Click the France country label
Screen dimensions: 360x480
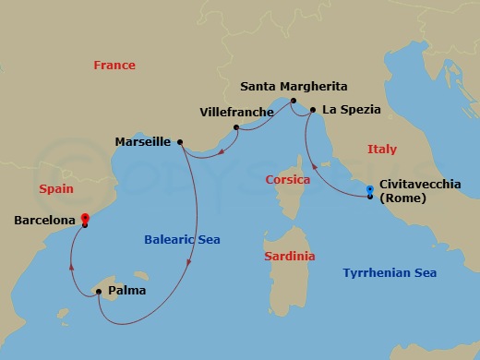114,66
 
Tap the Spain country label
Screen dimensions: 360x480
56,188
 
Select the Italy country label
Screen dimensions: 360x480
381,149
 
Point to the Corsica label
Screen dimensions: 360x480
286,180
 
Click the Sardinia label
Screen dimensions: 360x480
289,256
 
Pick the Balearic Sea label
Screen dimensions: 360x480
182,240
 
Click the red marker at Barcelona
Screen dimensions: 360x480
85,220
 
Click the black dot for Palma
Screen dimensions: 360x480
98,292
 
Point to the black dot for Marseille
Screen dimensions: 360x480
180,142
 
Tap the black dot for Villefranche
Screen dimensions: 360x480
236,127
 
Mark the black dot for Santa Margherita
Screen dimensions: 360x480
293,101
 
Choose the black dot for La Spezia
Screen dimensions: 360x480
312,112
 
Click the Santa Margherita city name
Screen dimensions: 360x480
293,86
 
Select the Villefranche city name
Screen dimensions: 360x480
236,113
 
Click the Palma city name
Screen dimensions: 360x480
126,291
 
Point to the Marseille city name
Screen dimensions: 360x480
142,142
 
